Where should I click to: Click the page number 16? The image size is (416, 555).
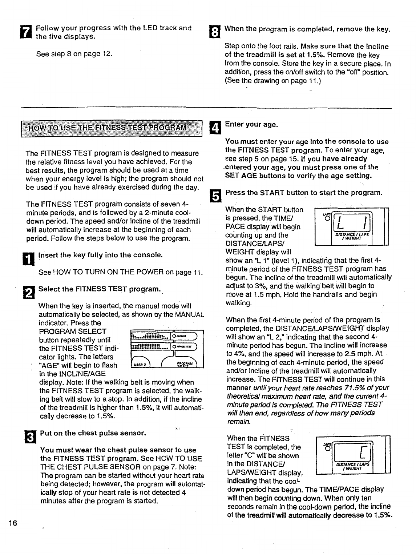click(13, 523)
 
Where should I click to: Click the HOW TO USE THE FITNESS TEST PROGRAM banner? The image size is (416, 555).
click(112, 128)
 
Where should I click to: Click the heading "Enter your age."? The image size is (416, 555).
click(251, 125)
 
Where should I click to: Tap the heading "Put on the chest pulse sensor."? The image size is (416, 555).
click(93, 433)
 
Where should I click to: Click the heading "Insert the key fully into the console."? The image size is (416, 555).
click(100, 255)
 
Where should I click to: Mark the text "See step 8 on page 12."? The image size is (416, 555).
click(74, 54)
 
